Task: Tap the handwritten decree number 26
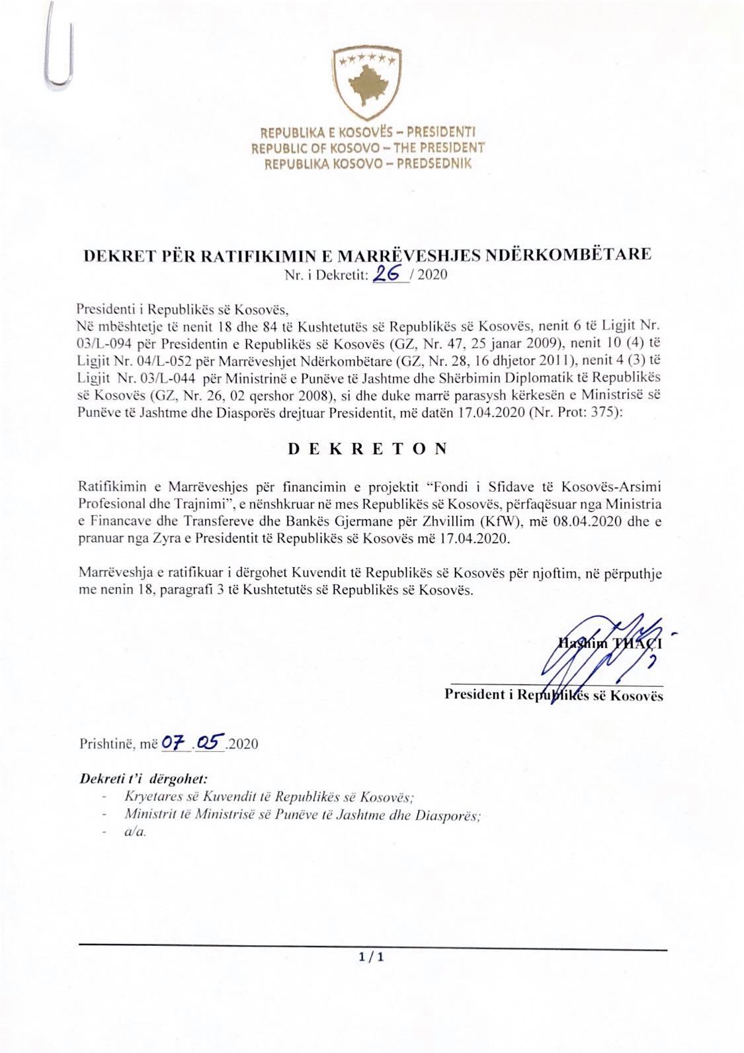click(x=388, y=273)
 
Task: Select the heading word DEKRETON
click(x=368, y=448)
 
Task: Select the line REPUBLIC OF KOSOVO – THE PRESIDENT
click(x=368, y=148)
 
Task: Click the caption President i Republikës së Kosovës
click(x=554, y=695)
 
